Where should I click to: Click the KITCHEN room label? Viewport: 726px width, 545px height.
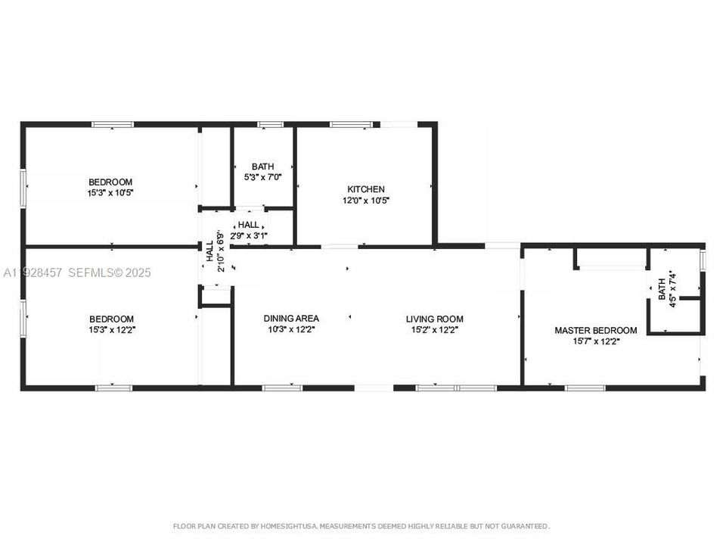366,189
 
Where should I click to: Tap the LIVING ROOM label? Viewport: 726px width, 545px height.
434,319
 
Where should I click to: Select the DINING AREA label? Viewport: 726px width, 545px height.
291,319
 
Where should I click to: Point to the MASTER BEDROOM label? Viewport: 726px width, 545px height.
595,331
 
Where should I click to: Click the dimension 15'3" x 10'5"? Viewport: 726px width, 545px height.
110,193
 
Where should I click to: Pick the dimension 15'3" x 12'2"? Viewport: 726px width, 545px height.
112,330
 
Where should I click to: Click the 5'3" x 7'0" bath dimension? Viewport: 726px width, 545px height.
263,176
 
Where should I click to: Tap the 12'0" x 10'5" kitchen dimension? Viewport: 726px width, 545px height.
366,201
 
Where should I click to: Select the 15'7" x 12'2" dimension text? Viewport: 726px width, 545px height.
597,341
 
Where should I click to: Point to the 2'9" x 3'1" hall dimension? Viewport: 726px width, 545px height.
249,235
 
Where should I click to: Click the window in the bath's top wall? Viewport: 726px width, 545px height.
271,124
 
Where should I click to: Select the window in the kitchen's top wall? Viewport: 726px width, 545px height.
351,124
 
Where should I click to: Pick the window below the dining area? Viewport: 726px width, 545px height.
282,388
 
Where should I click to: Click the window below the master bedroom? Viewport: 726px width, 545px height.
585,388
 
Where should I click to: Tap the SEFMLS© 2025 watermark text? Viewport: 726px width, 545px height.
110,272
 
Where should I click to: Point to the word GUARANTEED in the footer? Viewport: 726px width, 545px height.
526,526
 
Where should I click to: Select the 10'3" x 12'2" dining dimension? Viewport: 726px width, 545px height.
291,329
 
